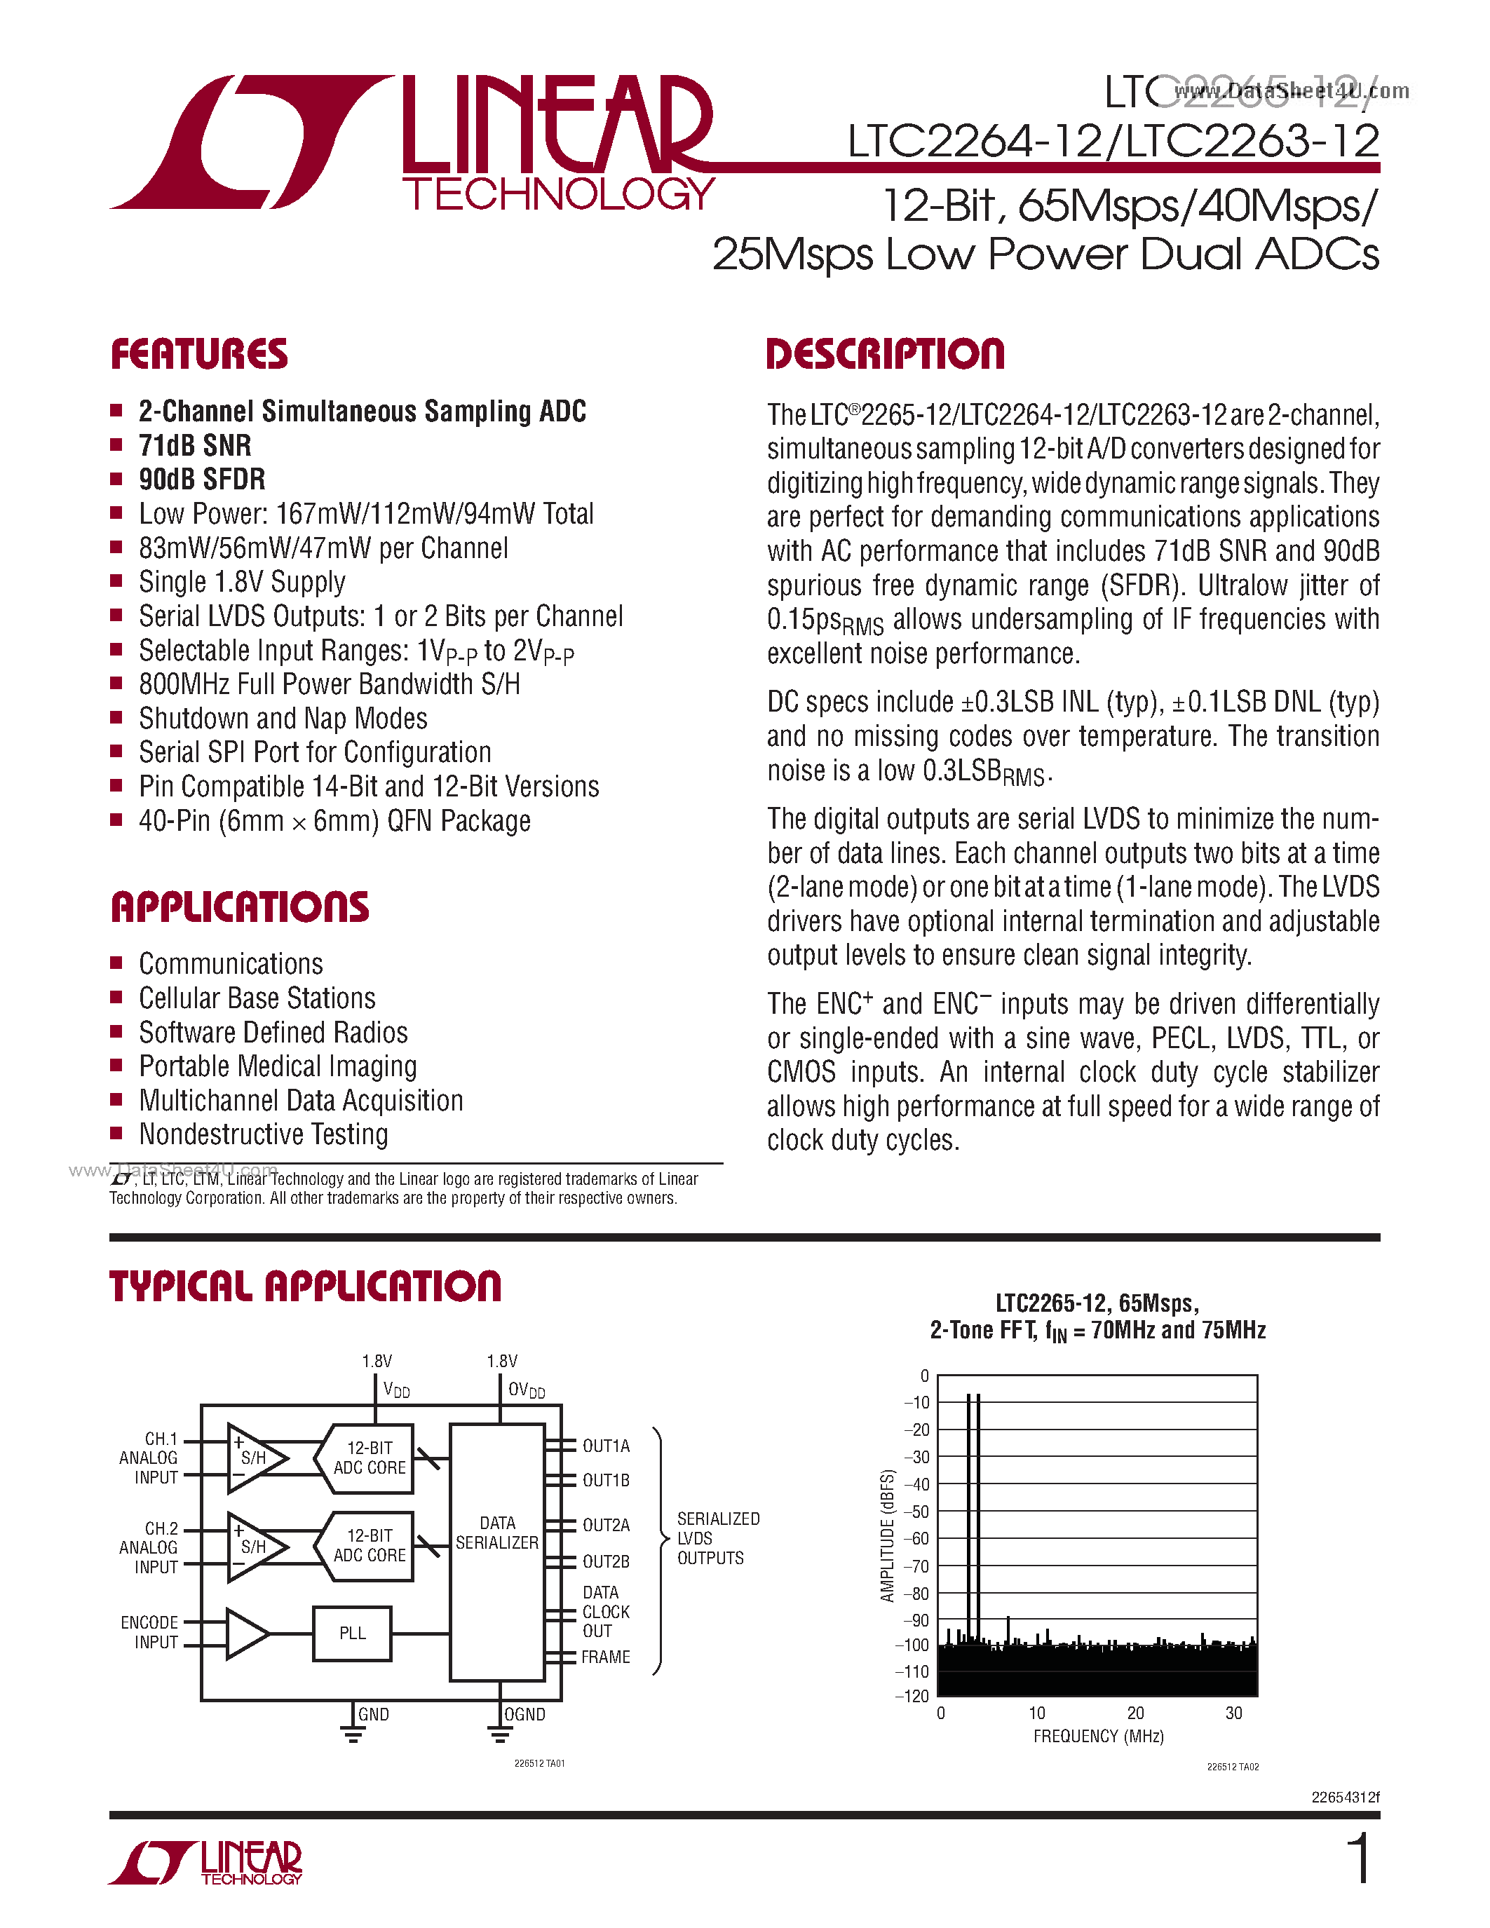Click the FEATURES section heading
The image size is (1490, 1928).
pyautogui.click(x=200, y=354)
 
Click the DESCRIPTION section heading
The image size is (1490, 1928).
pyautogui.click(x=886, y=354)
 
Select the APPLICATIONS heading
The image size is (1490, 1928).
pyautogui.click(x=240, y=907)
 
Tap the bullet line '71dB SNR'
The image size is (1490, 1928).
pyautogui.click(x=195, y=446)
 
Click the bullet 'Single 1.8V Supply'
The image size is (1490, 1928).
pyautogui.click(x=242, y=583)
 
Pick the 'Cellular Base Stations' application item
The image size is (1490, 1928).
pyautogui.click(x=257, y=998)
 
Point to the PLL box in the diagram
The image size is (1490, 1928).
pyautogui.click(x=352, y=1633)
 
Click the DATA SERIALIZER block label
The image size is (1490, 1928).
pyautogui.click(x=497, y=1533)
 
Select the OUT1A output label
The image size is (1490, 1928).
pyautogui.click(x=606, y=1446)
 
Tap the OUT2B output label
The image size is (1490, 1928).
pyautogui.click(x=606, y=1561)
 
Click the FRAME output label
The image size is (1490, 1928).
pyautogui.click(x=606, y=1657)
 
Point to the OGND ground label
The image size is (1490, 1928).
pyautogui.click(x=525, y=1714)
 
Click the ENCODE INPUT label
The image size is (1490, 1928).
pyautogui.click(x=150, y=1632)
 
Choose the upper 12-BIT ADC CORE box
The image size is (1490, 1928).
pyautogui.click(x=369, y=1458)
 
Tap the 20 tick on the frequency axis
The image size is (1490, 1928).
pyautogui.click(x=1135, y=1713)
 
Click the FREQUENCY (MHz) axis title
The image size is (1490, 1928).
pyautogui.click(x=1098, y=1737)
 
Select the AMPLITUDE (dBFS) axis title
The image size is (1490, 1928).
pyautogui.click(x=888, y=1535)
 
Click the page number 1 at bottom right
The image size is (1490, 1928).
pyautogui.click(x=1360, y=1859)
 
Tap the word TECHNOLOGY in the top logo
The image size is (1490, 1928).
pyautogui.click(x=558, y=194)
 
